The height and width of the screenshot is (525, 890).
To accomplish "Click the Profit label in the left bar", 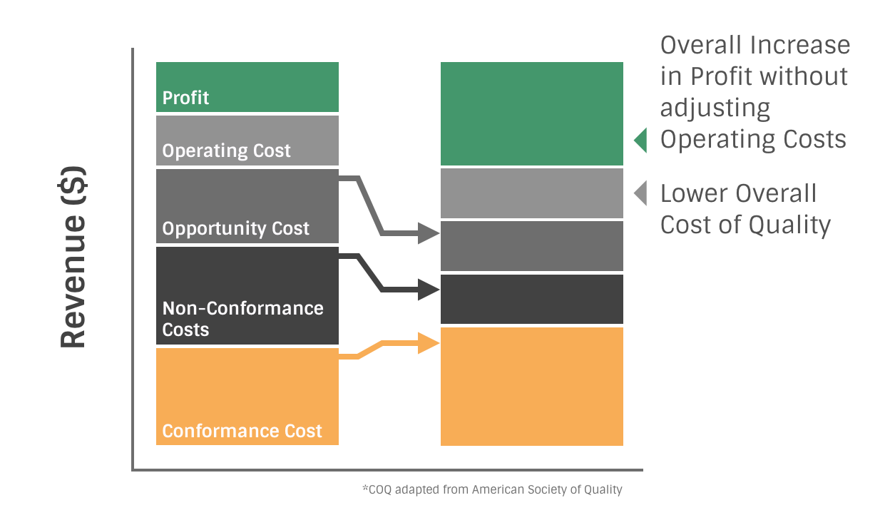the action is pyautogui.click(x=185, y=98).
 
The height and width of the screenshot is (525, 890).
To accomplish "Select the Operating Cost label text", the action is pyautogui.click(x=226, y=151).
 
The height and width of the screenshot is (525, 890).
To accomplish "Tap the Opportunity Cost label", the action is pyautogui.click(x=235, y=228).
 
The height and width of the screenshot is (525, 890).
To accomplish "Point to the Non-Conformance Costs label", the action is pyautogui.click(x=242, y=319).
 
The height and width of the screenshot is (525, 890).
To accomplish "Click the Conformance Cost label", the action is pyautogui.click(x=242, y=431).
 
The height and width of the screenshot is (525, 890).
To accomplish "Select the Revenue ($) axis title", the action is pyautogui.click(x=73, y=257).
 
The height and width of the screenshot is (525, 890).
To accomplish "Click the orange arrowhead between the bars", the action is pyautogui.click(x=429, y=343).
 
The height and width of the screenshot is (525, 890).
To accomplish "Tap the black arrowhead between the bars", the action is pyautogui.click(x=429, y=290).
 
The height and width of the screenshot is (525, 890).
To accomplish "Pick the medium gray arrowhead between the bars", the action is pyautogui.click(x=429, y=233).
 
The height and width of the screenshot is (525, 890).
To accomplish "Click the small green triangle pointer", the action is pyautogui.click(x=641, y=141).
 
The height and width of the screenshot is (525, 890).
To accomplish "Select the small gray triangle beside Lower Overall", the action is pyautogui.click(x=641, y=193).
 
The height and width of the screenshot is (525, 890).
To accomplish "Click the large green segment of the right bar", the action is pyautogui.click(x=531, y=113).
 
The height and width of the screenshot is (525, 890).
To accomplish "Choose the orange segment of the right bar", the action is pyautogui.click(x=531, y=387).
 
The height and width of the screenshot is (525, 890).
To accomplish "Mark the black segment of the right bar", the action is pyautogui.click(x=531, y=300).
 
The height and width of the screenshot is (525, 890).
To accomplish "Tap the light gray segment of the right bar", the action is pyautogui.click(x=531, y=193).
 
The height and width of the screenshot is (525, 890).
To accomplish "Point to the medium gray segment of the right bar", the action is pyautogui.click(x=531, y=246).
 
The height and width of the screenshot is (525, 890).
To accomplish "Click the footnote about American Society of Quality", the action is pyautogui.click(x=492, y=489).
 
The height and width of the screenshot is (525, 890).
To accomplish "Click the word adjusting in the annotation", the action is pyautogui.click(x=715, y=108).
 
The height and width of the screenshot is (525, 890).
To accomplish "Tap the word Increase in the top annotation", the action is pyautogui.click(x=800, y=45).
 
